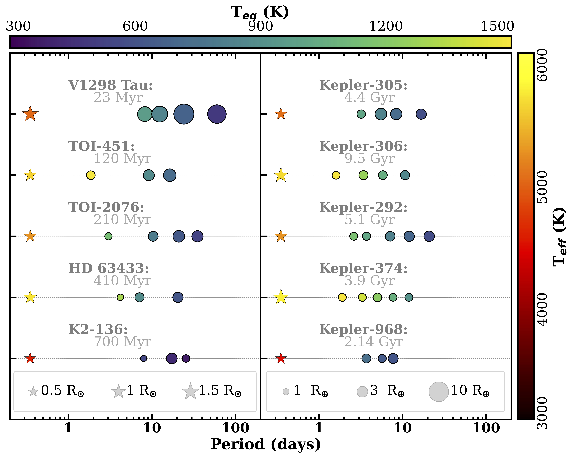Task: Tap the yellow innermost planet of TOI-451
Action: coord(91,175)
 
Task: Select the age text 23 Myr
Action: coord(118,97)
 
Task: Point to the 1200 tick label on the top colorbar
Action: coord(386,26)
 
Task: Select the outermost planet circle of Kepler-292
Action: coord(429,236)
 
